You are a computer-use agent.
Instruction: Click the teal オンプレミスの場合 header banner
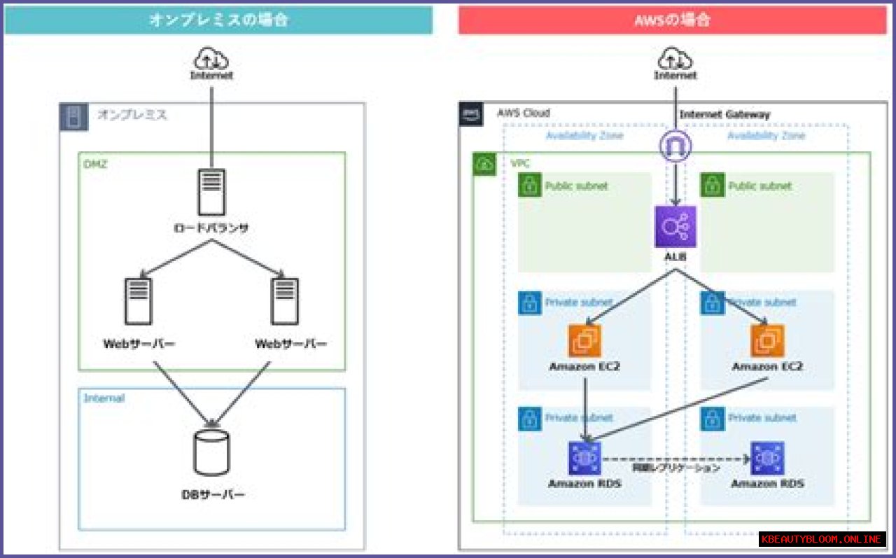coord(218,20)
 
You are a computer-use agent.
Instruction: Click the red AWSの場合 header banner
coord(672,20)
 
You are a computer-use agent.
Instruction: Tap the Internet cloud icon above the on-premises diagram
coord(211,57)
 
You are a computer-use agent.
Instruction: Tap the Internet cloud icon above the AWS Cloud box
coord(675,57)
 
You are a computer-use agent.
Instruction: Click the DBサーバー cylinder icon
coord(211,452)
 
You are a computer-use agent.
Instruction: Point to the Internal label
coord(104,398)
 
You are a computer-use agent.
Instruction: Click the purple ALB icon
coord(675,226)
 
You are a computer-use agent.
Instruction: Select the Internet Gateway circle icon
coord(675,146)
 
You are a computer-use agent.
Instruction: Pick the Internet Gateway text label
coord(724,115)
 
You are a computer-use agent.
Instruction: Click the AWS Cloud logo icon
coord(471,113)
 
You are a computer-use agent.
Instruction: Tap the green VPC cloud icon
coord(484,165)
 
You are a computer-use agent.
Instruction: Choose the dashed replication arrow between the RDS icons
coord(675,459)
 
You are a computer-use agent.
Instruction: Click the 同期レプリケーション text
coord(675,468)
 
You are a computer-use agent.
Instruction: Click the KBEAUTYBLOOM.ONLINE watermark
coord(822,539)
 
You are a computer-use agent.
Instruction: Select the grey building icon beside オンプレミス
coord(73,117)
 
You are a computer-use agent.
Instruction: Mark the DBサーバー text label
coord(213,495)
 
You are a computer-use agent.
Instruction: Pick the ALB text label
coord(675,258)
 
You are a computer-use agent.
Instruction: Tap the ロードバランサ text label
coord(211,228)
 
